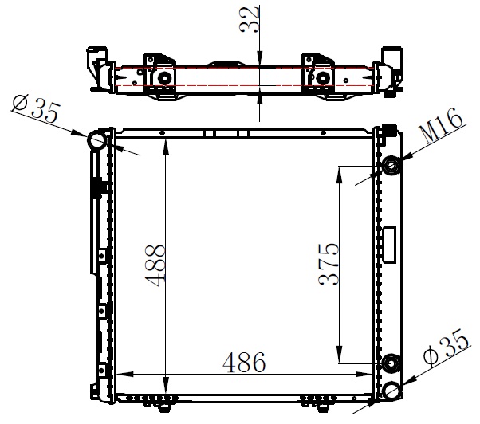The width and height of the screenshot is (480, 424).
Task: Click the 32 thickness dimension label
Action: tap(250, 20)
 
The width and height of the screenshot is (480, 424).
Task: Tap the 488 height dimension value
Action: tap(155, 265)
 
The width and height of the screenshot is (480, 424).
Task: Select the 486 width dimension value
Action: tap(244, 362)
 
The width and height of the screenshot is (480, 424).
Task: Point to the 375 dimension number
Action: tap(329, 265)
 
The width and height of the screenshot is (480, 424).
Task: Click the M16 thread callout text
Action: tap(441, 125)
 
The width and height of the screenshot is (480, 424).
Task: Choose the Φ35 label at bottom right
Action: tap(447, 347)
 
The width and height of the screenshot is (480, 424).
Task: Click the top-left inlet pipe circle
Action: tap(97, 139)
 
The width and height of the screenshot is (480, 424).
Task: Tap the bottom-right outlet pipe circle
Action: tap(391, 391)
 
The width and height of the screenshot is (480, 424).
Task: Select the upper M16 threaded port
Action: tap(391, 166)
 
